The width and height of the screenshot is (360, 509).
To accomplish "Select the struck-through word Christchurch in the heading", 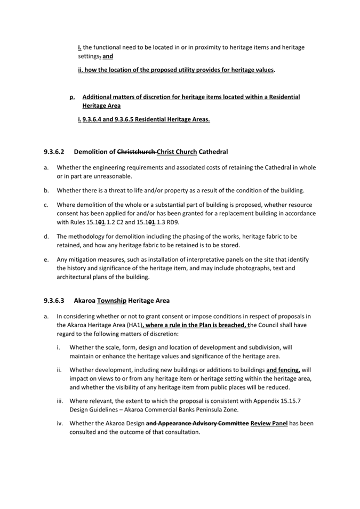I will (x=135, y=152).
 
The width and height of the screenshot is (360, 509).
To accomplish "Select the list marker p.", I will (x=72, y=97).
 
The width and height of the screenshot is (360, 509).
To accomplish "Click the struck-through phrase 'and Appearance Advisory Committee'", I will (x=197, y=424).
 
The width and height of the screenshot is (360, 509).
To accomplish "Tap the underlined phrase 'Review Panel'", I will (x=269, y=424).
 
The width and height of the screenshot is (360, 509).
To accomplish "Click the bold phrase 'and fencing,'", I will (x=283, y=369).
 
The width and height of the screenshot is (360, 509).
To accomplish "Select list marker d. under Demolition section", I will (x=46, y=236).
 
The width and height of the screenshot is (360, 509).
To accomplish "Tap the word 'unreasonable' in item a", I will (x=111, y=176).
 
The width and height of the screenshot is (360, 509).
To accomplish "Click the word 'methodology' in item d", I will (x=87, y=236).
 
